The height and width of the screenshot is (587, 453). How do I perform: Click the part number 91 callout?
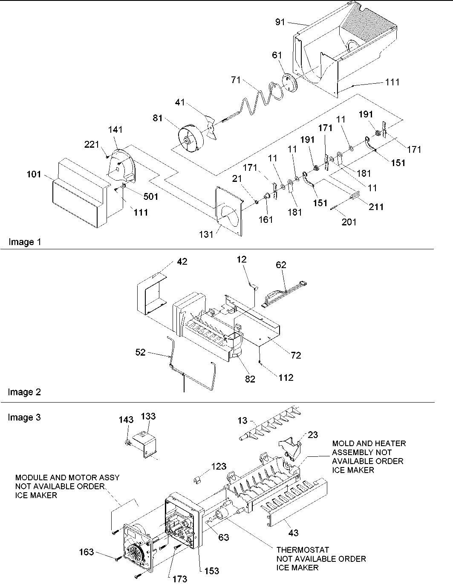click(280, 22)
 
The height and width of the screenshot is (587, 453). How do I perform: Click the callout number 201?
click(349, 222)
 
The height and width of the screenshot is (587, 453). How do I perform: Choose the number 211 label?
click(376, 207)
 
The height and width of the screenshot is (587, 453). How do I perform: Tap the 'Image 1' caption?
click(25, 242)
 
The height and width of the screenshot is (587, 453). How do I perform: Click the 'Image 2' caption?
click(25, 392)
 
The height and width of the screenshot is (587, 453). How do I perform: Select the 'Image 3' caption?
click(24, 417)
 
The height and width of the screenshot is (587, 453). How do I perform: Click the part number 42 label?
click(182, 262)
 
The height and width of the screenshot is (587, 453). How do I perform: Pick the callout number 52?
click(141, 352)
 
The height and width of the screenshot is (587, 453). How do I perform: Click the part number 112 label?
click(286, 377)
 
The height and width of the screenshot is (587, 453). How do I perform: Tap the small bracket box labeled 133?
click(144, 441)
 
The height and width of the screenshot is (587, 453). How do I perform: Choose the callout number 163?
click(87, 552)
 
